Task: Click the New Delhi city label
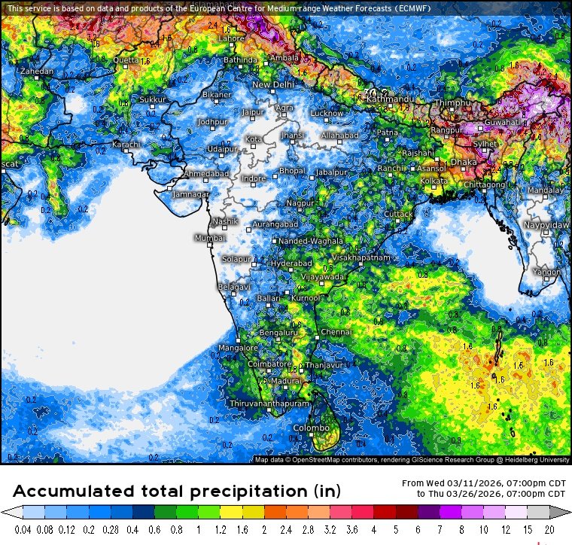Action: click(x=272, y=85)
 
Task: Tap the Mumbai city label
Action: click(x=210, y=238)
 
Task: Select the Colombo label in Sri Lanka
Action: click(x=309, y=429)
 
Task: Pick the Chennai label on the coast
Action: click(x=336, y=332)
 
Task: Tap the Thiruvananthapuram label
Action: click(x=269, y=404)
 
